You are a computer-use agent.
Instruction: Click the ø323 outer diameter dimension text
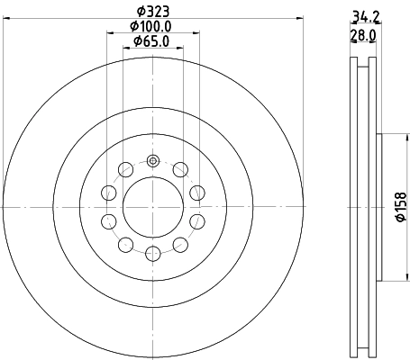[152, 13]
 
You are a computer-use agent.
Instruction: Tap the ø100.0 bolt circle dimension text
[152, 27]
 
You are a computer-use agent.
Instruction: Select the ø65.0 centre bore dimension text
[150, 41]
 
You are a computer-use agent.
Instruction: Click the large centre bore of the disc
[152, 207]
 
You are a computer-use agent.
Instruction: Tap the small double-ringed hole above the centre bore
[152, 162]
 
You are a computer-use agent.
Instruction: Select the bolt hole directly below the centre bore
[152, 254]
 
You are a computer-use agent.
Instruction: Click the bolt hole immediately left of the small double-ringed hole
[124, 170]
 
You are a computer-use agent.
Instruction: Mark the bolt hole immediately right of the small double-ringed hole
[180, 170]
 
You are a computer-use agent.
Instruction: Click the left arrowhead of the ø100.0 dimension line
[110, 35]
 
